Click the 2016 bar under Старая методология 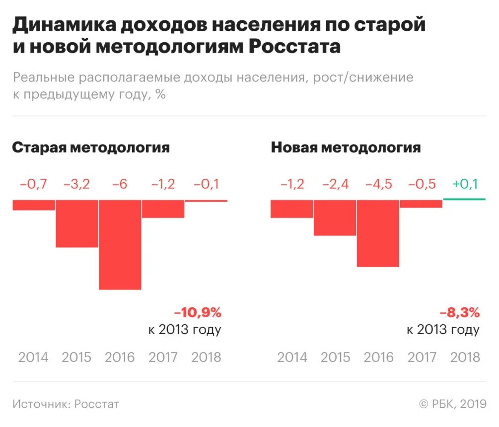[120, 244]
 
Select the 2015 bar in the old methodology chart [77, 223]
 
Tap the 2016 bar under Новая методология [378, 233]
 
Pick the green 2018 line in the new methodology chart [464, 200]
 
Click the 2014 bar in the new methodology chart [292, 209]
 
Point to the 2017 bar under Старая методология [163, 209]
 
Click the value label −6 [120, 184]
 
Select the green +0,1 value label [465, 184]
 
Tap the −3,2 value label [77, 184]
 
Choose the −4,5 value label [378, 184]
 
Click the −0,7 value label [34, 184]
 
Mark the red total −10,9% [197, 313]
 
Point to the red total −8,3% [459, 313]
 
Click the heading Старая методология [91, 147]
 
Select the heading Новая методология [346, 147]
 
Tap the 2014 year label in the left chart [33, 357]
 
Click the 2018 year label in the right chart [465, 357]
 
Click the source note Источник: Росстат [66, 404]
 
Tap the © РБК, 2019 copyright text [452, 404]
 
